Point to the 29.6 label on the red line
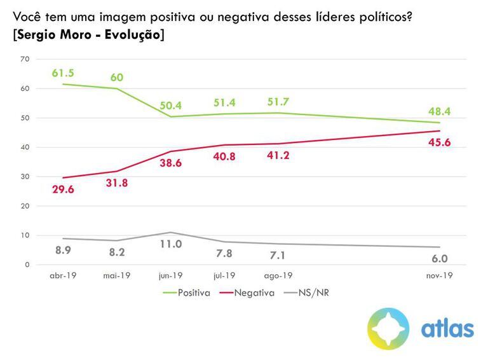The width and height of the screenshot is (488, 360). [x=64, y=190]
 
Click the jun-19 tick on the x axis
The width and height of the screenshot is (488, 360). [x=170, y=276]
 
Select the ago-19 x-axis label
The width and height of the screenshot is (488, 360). [x=278, y=276]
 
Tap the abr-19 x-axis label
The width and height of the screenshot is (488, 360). [x=63, y=276]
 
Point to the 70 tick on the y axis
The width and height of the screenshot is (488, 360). [x=25, y=59]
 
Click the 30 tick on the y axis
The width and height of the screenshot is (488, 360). [x=25, y=177]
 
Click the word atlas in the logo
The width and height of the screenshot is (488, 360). [x=447, y=329]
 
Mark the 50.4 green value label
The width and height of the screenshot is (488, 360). [x=170, y=105]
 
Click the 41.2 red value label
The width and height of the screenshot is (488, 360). [x=278, y=155]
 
